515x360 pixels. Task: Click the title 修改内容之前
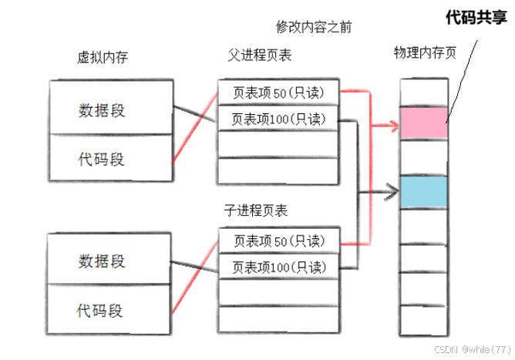(x=314, y=26)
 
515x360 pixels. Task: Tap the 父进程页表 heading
(x=260, y=56)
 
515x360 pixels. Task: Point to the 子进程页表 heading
(x=256, y=210)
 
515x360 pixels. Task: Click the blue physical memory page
(x=423, y=192)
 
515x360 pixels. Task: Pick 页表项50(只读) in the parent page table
(x=278, y=94)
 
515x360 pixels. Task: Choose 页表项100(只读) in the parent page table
(x=278, y=119)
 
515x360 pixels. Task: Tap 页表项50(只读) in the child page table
(x=278, y=242)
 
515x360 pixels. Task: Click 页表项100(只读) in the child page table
(x=278, y=267)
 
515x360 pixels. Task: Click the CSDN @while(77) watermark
(x=473, y=348)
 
